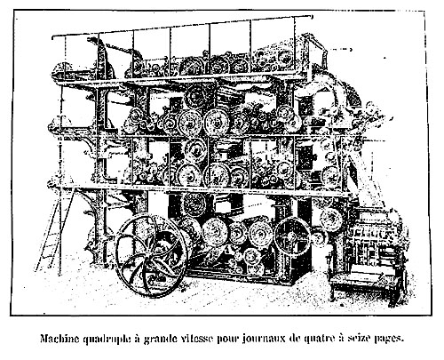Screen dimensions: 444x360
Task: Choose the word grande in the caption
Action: (x=158, y=340)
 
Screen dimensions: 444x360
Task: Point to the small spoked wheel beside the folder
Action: (x=292, y=236)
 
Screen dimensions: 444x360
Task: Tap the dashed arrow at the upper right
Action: (x=340, y=50)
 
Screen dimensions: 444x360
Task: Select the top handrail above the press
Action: (x=182, y=27)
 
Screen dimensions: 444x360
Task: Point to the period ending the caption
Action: (x=402, y=341)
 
